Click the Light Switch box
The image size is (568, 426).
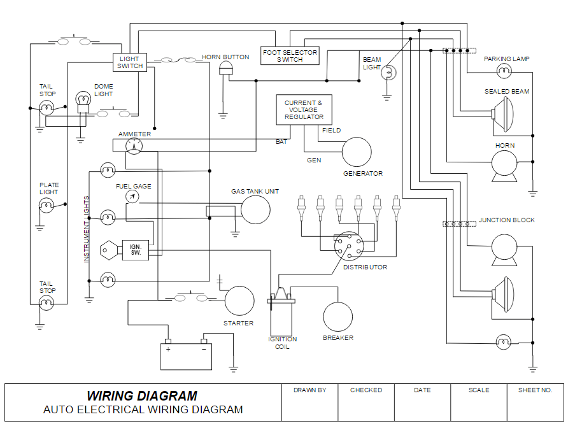tap(130, 62)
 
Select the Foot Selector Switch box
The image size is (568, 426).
tap(290, 56)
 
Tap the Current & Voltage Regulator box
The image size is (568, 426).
tap(304, 110)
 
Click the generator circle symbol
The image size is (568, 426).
tap(357, 152)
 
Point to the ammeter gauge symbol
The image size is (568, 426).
tap(134, 146)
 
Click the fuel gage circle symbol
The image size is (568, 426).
tap(132, 197)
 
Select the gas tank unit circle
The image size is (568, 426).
tap(255, 209)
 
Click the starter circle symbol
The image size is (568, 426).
tap(239, 301)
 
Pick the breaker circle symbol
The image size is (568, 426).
tap(337, 316)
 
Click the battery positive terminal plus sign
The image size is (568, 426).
tap(168, 349)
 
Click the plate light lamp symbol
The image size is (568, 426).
tap(47, 205)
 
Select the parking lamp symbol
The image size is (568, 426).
tap(504, 69)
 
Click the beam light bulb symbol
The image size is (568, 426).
tap(388, 74)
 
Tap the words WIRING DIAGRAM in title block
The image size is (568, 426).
tap(142, 395)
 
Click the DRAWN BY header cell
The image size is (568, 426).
tap(309, 390)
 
